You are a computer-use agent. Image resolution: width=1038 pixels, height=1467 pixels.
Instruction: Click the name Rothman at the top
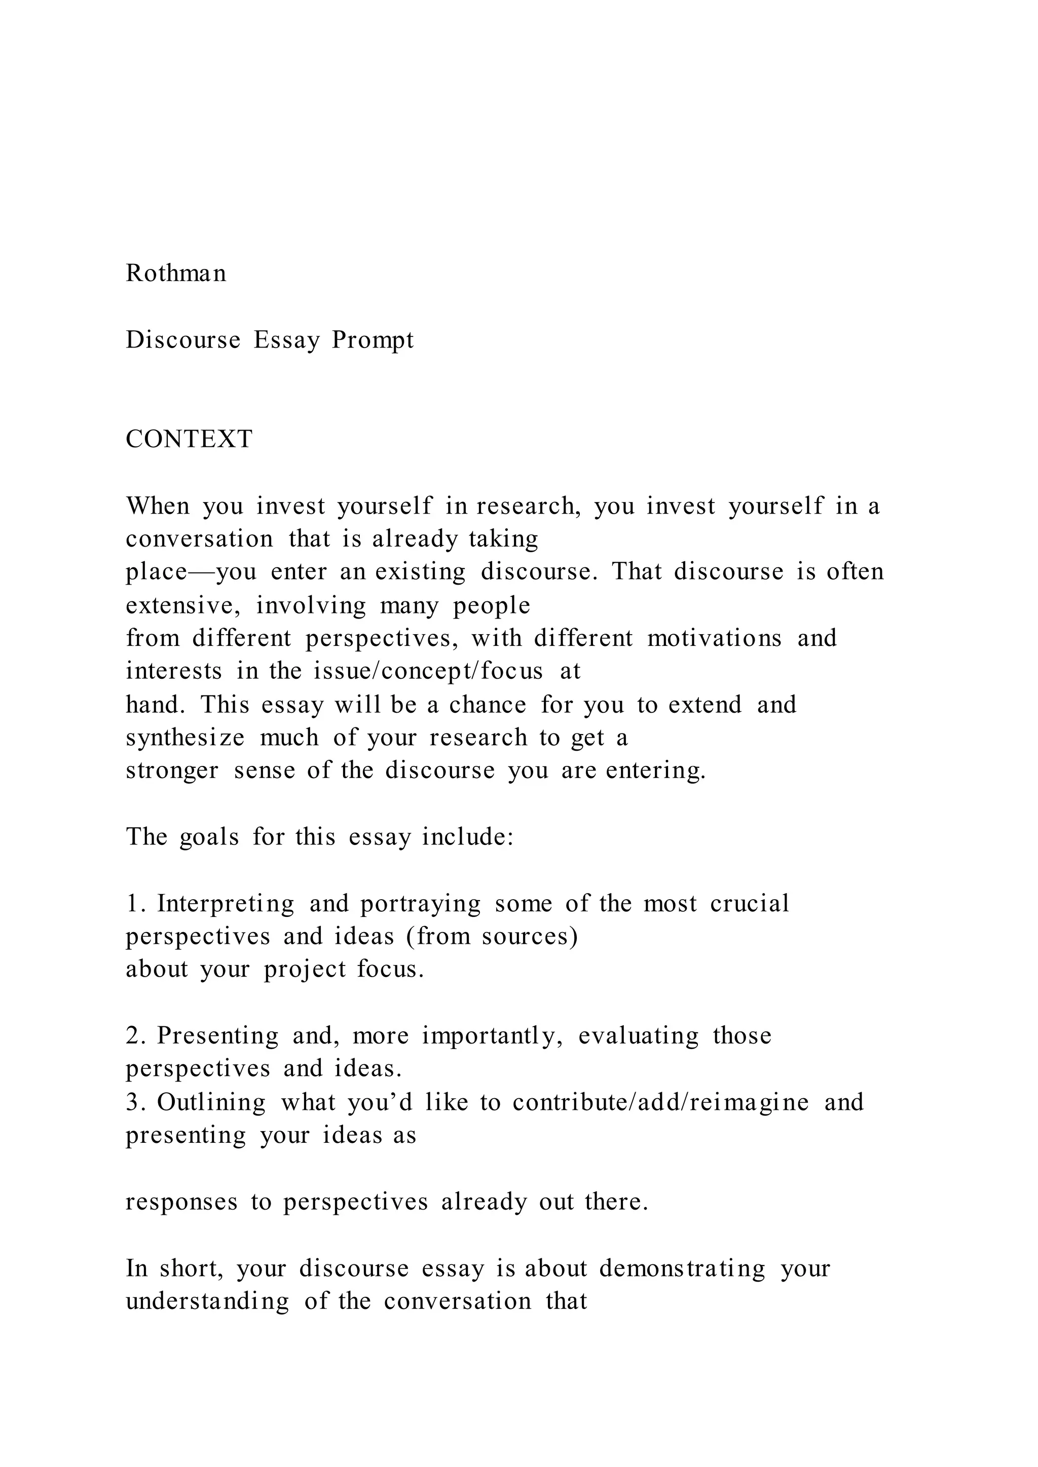[x=176, y=274]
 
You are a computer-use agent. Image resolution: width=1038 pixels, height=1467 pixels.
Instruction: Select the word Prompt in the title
[x=373, y=340]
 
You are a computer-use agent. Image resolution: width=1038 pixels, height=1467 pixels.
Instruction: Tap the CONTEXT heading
[x=189, y=440]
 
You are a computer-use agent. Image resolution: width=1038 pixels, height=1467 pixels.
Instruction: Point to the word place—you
[x=191, y=572]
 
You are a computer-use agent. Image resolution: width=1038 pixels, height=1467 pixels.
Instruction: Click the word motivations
[x=715, y=638]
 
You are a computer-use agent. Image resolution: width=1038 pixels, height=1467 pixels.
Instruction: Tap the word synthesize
[x=186, y=738]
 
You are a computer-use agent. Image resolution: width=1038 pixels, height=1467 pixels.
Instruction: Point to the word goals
[x=210, y=837]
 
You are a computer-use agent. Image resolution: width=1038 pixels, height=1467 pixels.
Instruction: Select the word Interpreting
[x=226, y=904]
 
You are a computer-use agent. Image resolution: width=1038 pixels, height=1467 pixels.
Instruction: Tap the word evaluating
[x=639, y=1036]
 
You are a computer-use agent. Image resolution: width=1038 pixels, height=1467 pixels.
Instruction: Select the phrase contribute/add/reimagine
[x=661, y=1102]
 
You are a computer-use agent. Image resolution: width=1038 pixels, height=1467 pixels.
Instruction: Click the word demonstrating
[x=682, y=1268]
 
